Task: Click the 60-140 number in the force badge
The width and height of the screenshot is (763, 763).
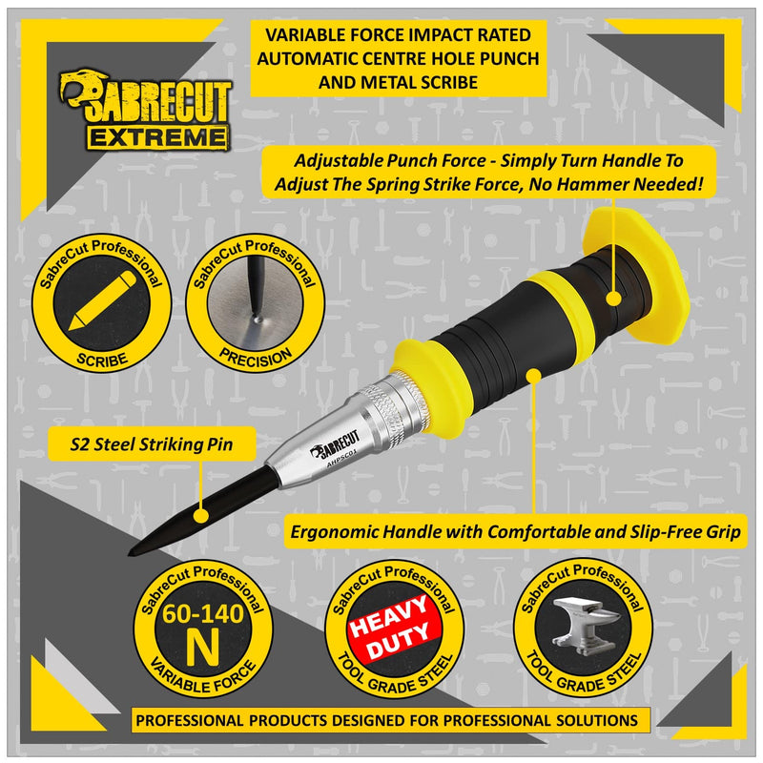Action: point(203,614)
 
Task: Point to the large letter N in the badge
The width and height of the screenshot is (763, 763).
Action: point(202,648)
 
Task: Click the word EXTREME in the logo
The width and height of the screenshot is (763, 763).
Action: point(158,137)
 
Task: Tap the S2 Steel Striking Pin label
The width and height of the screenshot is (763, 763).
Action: point(152,444)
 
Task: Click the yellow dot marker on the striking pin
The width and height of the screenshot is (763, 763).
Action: point(200,515)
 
